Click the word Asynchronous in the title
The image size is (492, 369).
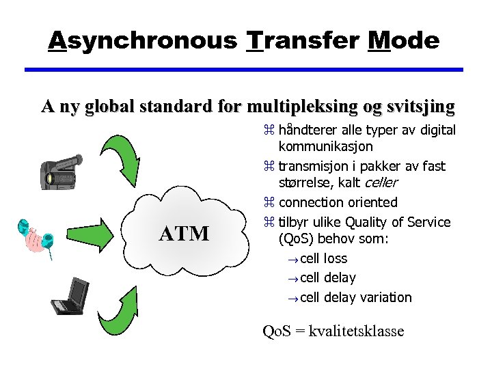(x=142, y=40)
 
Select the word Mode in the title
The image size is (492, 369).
(x=403, y=40)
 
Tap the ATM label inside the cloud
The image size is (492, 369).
(x=184, y=234)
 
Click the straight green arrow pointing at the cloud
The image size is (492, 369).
(x=96, y=233)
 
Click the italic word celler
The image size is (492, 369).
(x=382, y=183)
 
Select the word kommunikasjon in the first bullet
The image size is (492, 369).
(x=326, y=146)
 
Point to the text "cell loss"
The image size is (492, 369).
(x=324, y=258)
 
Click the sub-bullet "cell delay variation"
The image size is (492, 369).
(x=356, y=297)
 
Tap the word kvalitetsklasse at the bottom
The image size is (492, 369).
(x=357, y=331)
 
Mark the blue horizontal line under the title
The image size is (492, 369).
(x=244, y=69)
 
